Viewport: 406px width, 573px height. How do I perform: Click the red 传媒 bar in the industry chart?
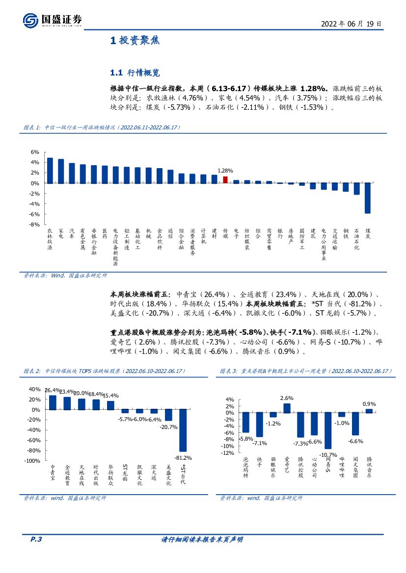(x=225, y=180)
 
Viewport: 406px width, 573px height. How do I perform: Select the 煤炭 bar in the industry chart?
(x=367, y=198)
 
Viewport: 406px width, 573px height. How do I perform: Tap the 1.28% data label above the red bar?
(x=225, y=171)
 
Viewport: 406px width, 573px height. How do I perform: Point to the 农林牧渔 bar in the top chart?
(x=50, y=171)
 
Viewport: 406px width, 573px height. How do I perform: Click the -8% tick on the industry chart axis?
(x=35, y=224)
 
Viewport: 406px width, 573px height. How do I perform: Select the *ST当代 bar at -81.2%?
(x=183, y=430)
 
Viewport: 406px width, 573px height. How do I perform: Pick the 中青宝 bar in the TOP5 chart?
(x=53, y=402)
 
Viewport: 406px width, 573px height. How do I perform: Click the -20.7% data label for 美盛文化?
(x=168, y=427)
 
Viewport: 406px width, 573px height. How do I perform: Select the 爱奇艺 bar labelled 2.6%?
(x=287, y=408)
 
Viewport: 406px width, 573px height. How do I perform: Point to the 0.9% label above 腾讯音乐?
(x=369, y=404)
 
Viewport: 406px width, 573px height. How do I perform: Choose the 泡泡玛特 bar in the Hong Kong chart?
(x=246, y=422)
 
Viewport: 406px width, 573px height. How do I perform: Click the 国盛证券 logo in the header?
(x=52, y=21)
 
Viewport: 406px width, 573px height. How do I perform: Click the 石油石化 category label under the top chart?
(x=356, y=239)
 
